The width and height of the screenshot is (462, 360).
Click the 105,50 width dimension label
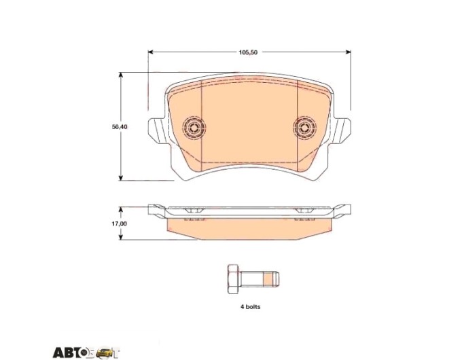249,52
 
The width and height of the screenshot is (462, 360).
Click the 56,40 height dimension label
120,126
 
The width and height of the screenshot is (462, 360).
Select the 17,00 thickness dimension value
120,223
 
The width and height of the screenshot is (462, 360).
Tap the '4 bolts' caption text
251,306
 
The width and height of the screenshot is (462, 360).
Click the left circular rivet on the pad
194,128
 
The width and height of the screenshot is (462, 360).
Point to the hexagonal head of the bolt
234,279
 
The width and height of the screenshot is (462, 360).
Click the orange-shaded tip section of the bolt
268,279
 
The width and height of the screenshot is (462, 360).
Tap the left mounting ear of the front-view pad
156,131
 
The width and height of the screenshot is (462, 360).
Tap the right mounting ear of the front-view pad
342,131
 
